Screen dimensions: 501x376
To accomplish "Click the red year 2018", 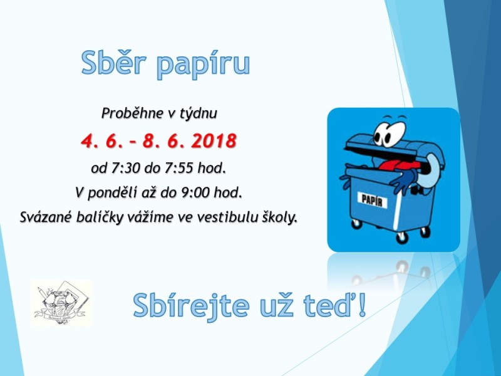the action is (x=214, y=140).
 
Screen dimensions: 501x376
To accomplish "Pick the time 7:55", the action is (x=178, y=168).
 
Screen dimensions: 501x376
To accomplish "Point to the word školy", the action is (x=279, y=217).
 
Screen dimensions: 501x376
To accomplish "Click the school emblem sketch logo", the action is (x=61, y=303).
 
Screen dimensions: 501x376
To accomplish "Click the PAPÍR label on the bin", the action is (x=372, y=201).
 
